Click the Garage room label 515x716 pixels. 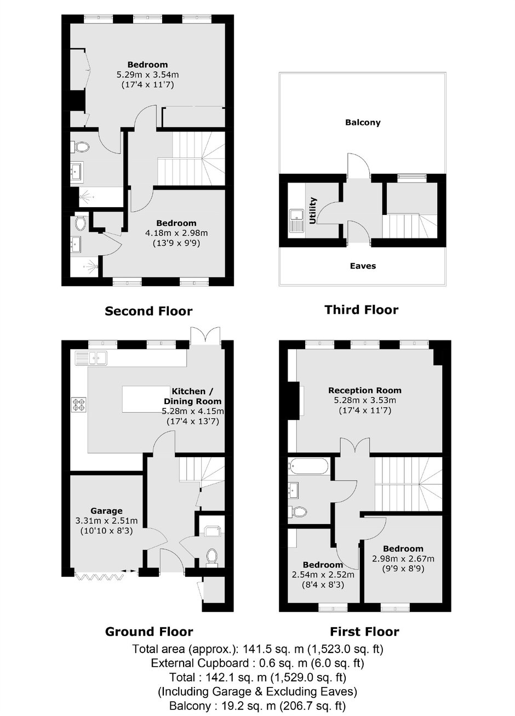point(106,511)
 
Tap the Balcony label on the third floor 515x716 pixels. point(363,122)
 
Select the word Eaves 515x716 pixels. point(363,266)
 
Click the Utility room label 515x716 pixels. point(312,211)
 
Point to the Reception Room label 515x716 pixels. point(365,390)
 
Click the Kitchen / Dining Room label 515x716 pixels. point(193,396)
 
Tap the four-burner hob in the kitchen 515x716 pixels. point(79,405)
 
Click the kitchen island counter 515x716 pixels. point(146,399)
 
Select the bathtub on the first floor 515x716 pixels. point(308,467)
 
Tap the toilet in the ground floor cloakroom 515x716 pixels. point(212,558)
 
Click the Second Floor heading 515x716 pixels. point(148,311)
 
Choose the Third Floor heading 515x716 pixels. point(362,309)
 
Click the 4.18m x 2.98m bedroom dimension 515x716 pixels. point(176,233)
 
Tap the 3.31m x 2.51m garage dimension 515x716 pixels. point(106,521)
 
